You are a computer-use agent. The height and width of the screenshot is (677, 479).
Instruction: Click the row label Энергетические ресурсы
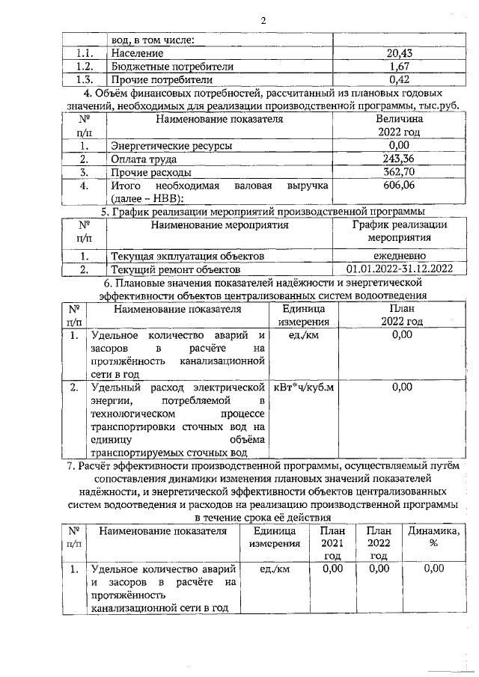(x=171, y=145)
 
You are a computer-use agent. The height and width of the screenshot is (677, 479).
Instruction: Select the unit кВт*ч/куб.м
(x=305, y=387)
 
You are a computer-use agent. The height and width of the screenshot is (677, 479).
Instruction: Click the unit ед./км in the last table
(x=275, y=569)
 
